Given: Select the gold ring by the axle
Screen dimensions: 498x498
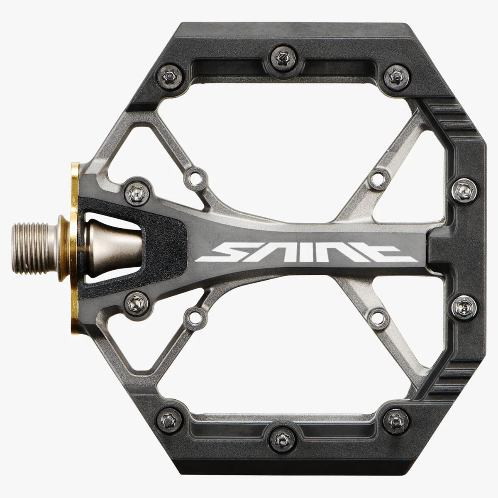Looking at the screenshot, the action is (74, 248).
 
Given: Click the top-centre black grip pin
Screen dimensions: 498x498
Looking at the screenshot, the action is (283, 59).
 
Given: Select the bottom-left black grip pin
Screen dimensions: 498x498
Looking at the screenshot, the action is (169, 420).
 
